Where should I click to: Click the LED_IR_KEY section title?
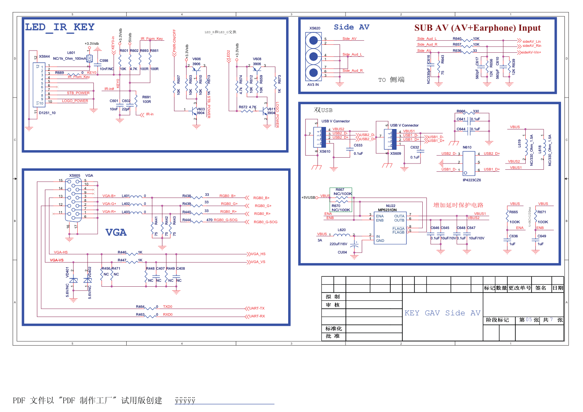point(60,27)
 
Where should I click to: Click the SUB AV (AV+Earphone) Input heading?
point(477,28)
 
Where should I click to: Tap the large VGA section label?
point(116,232)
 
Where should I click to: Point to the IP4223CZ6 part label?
point(472,180)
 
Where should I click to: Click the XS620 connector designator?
point(315,28)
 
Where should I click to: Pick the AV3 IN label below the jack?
point(313,85)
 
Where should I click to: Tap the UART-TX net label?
point(257,308)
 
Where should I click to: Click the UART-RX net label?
point(257,316)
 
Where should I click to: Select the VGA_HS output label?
point(258,254)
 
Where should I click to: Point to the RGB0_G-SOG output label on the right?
point(265,222)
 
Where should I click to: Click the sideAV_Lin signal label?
point(532,41)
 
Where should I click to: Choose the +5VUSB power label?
point(309,197)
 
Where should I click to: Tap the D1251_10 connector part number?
point(47,113)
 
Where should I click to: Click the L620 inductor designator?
point(342,230)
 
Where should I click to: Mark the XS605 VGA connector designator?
point(75,176)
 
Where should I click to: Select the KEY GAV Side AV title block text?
point(442,313)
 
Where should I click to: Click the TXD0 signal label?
point(168,307)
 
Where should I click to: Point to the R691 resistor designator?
point(147,97)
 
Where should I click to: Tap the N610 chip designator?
point(467,147)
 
